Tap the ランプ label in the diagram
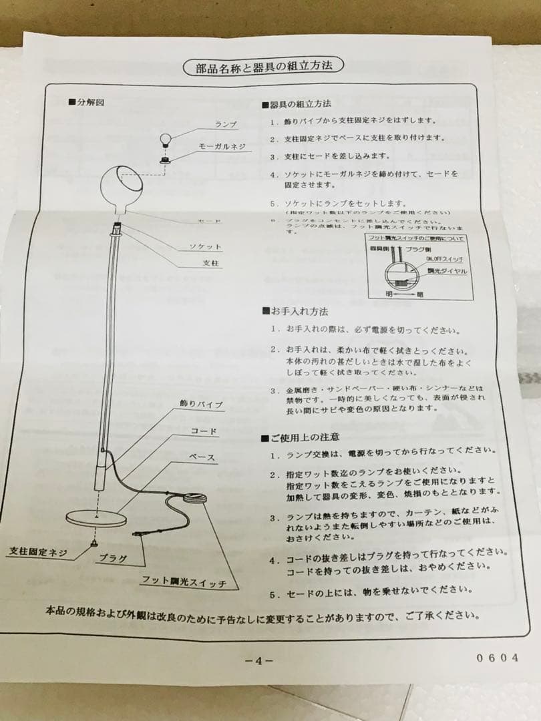[226, 125]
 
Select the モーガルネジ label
[221, 145]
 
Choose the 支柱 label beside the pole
[211, 263]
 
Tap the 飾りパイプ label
[201, 405]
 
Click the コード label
[204, 431]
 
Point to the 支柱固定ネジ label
[38, 552]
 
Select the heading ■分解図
[86, 102]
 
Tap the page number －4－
[258, 660]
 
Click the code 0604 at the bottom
[498, 658]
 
